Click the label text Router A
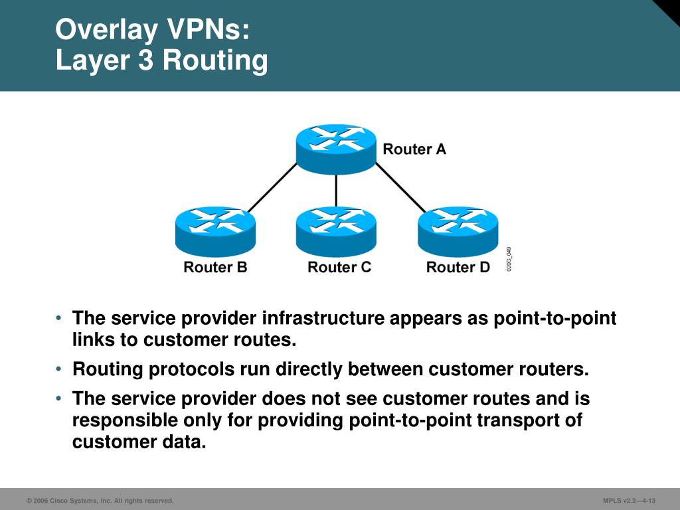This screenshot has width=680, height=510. pos(414,149)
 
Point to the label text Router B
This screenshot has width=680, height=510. pos(215,268)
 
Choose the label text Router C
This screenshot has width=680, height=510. pos(339,268)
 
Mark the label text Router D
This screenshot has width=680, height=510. pos(458,268)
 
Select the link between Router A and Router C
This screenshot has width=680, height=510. pos(336,191)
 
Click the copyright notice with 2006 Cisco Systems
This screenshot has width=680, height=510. pos(100,501)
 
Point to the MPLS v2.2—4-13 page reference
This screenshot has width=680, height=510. pos(629,501)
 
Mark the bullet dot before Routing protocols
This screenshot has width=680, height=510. pos(60,369)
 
